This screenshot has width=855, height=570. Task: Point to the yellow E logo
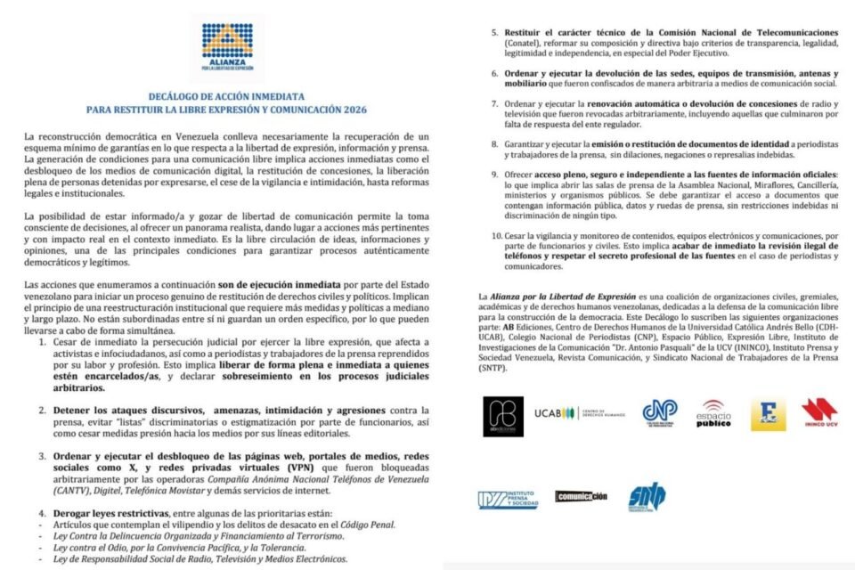tap(768, 415)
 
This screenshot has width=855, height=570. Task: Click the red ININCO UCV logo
tap(819, 414)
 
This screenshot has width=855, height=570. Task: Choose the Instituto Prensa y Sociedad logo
tap(508, 500)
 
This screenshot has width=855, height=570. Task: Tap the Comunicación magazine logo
tap(581, 496)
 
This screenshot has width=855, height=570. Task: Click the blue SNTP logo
tap(644, 498)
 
